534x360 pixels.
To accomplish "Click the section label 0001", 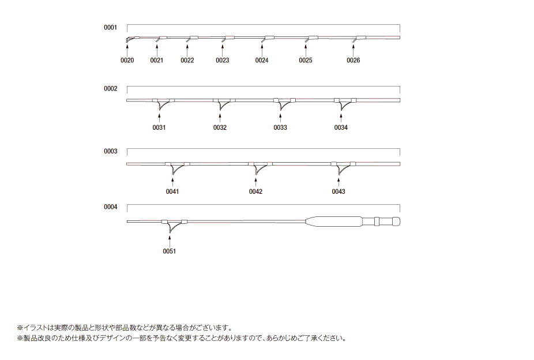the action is [110, 28].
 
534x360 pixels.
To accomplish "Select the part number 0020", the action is [127, 60].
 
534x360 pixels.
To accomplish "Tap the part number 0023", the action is [223, 60].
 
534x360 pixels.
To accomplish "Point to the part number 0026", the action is [353, 60].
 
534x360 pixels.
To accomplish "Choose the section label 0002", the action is [110, 88].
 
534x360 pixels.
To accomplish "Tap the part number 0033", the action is [280, 127].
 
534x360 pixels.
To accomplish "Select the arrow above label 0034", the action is [341, 118].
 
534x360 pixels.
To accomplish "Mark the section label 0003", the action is [110, 151].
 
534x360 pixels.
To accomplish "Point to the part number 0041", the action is [172, 192].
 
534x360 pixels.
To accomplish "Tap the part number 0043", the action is [339, 192].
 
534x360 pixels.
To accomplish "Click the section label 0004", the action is [110, 207].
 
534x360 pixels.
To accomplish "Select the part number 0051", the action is [170, 252].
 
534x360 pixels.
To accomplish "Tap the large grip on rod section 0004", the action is [334, 222].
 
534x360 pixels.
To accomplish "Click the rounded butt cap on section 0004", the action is [396, 222].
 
